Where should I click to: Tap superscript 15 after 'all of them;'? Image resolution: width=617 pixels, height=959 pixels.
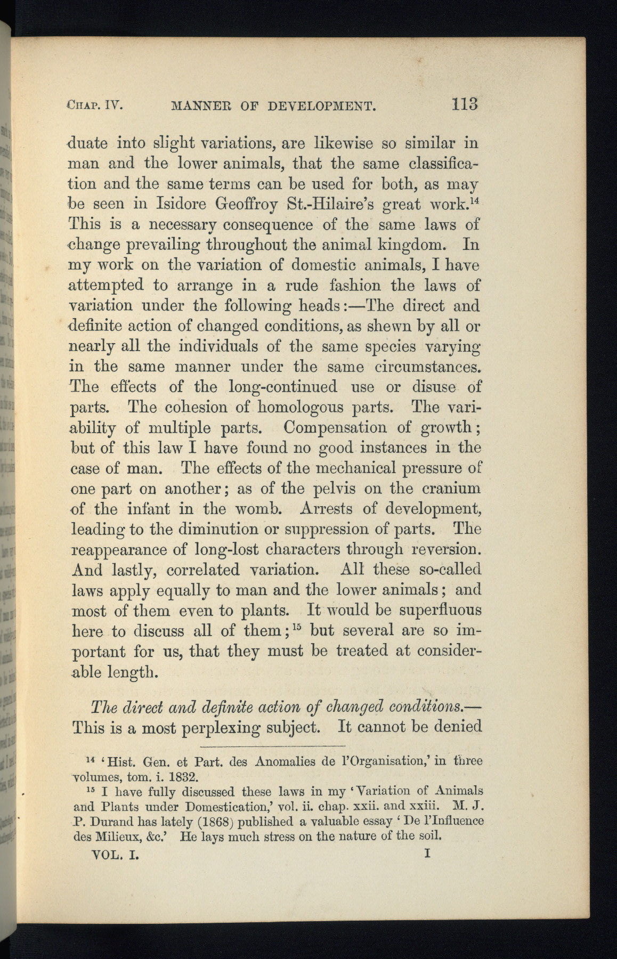point(299,625)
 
